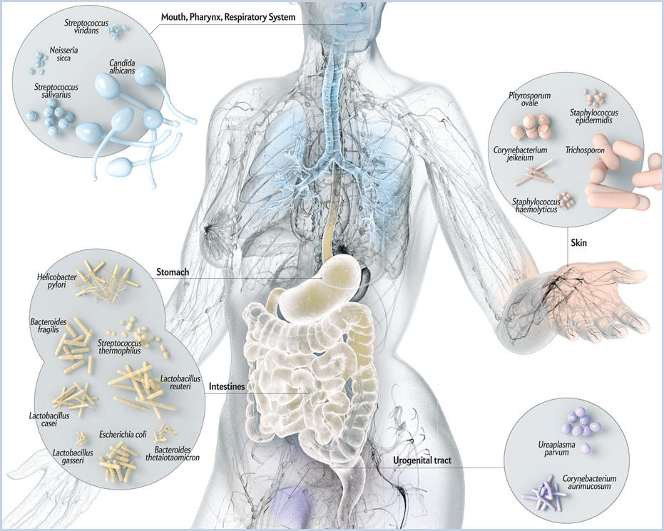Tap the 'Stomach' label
173,272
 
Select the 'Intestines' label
227,386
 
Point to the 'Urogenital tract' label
422,460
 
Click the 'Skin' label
578,243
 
